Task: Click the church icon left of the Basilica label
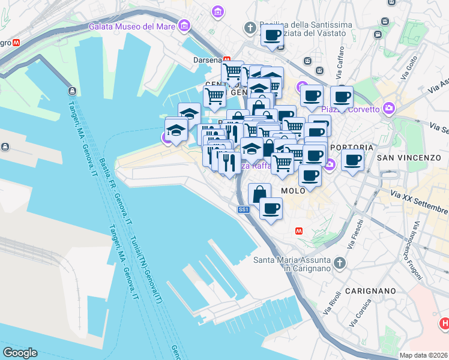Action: (x=250, y=28)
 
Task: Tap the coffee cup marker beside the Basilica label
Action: (x=272, y=35)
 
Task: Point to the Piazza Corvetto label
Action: (x=351, y=109)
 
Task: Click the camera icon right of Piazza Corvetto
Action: (x=390, y=108)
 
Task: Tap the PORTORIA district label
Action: (x=352, y=147)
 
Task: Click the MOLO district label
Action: (x=294, y=190)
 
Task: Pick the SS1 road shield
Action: (x=243, y=209)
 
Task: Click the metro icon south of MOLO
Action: (x=299, y=231)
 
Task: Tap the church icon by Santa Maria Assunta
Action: (x=340, y=263)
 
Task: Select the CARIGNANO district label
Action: (x=370, y=290)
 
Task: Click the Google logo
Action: (x=20, y=353)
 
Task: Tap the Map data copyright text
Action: (x=423, y=355)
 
